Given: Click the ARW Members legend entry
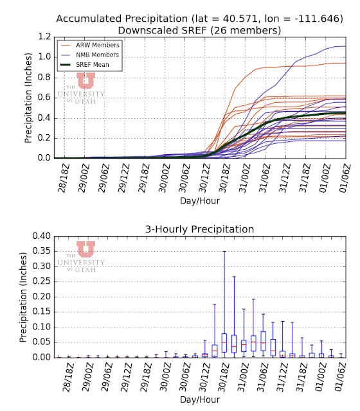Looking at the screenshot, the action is click(90, 45).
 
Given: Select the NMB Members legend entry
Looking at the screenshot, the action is click(90, 55).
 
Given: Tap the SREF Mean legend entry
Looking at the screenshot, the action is click(85, 65).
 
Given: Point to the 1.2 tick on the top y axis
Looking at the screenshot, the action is click(44, 37).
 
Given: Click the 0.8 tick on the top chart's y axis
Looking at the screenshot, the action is click(44, 77).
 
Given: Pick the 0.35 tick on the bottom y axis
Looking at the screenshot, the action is click(41, 251).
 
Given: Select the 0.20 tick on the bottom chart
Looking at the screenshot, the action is click(41, 297).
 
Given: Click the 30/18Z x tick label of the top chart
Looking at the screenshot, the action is click(224, 178).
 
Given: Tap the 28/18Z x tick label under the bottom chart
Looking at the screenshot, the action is click(67, 377).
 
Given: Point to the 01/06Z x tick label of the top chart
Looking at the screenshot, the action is click(345, 178).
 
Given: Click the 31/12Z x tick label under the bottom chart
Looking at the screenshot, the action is click(282, 377).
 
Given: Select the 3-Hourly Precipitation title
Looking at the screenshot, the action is click(200, 229).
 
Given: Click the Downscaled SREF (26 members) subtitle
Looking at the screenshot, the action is click(199, 30).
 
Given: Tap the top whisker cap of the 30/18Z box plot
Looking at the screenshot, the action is click(224, 251).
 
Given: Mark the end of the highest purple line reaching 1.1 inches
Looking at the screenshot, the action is click(346, 46).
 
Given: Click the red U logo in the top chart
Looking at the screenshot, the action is click(85, 80).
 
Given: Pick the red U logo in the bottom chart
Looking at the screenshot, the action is click(85, 249).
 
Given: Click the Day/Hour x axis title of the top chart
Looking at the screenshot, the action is click(200, 201).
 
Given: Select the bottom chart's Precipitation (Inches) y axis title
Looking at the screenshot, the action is click(23, 297).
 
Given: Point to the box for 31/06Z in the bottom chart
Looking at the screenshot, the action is click(263, 341).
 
